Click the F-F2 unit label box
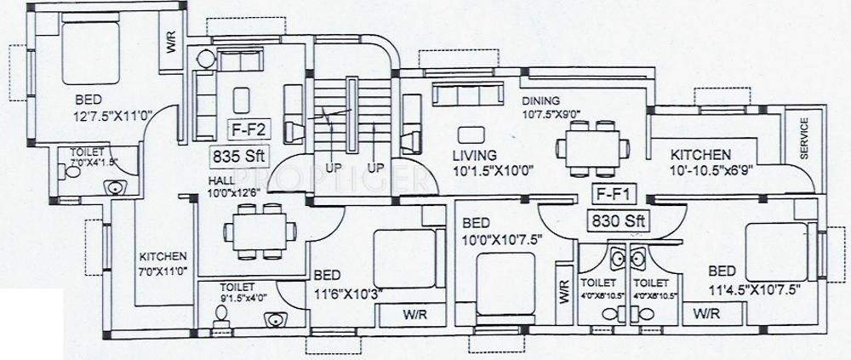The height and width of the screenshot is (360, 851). [x=247, y=132]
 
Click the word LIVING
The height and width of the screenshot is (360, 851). [x=475, y=156]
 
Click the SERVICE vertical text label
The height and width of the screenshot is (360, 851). [x=804, y=137]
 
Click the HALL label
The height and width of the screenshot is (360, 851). [x=224, y=180]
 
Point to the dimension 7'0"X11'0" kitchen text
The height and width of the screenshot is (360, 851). [x=164, y=270]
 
